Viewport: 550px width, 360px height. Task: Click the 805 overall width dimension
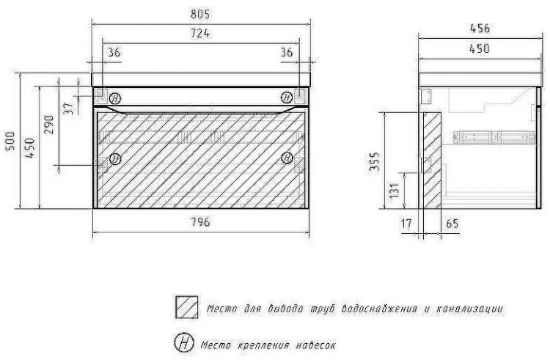coord(200,14)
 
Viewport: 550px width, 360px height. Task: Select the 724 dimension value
coord(200,33)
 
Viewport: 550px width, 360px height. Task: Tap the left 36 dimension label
coord(114,52)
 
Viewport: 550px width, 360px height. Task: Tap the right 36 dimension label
coord(287,52)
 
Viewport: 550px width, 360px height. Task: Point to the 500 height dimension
coord(11,141)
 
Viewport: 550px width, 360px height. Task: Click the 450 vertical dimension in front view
coord(30,147)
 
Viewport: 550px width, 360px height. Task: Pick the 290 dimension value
coord(49,125)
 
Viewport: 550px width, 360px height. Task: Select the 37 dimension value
coord(70,108)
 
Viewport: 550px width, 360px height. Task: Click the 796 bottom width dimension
coord(200,222)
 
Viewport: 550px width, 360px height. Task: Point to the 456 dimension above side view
coord(480,29)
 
